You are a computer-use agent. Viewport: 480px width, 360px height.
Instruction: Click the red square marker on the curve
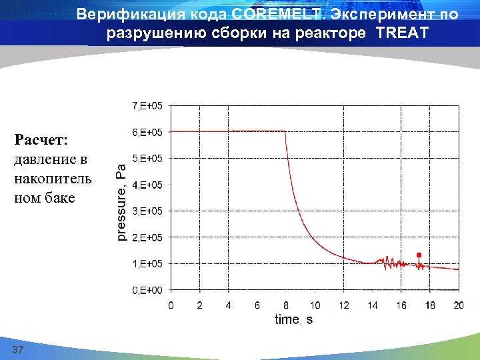pos(419,255)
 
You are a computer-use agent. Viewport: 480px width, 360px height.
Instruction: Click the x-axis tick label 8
pos(285,305)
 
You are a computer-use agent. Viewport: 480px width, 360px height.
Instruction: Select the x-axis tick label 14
pos(372,305)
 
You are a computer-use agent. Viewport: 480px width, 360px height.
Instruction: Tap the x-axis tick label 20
pos(459,305)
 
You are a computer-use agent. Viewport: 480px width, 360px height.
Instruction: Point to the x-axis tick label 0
pos(171,305)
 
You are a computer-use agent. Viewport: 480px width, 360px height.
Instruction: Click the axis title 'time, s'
pos(293,320)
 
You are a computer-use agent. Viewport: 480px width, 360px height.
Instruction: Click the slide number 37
pos(18,351)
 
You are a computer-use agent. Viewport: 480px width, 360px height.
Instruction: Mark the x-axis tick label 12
pos(343,305)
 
